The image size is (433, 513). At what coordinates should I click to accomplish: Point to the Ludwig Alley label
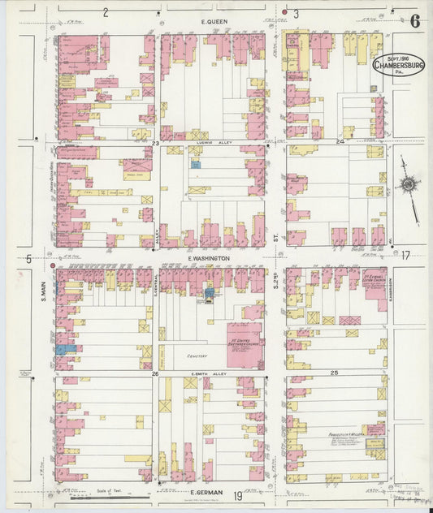click(214, 141)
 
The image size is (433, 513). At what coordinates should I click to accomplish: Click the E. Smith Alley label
click(211, 373)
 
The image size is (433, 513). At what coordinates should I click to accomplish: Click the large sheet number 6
click(415, 21)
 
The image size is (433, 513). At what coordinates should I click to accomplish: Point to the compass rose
click(408, 185)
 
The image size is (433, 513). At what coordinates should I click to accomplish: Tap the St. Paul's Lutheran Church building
click(375, 286)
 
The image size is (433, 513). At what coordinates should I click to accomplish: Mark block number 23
click(154, 143)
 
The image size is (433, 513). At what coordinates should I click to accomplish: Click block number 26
click(154, 374)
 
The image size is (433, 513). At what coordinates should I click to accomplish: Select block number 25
click(334, 372)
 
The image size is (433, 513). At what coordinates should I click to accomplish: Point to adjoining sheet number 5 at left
click(28, 259)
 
